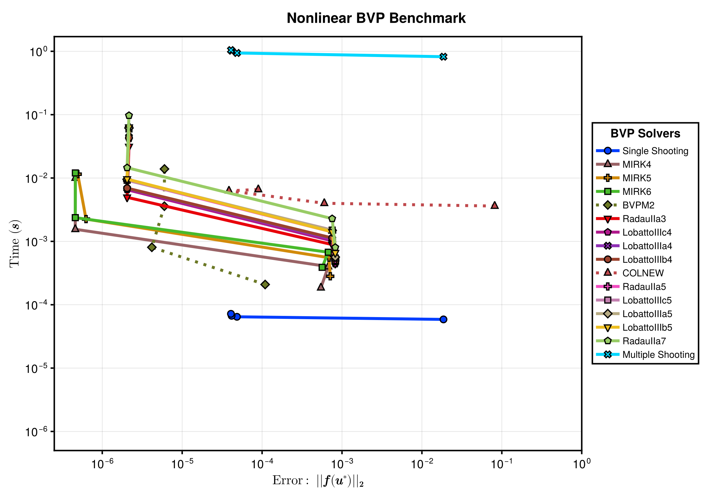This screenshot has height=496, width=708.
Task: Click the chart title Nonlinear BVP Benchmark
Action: (376, 18)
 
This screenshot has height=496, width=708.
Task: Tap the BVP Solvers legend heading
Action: (645, 133)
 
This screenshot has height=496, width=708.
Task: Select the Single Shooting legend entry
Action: (642, 151)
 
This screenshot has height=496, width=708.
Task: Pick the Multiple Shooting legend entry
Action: (645, 355)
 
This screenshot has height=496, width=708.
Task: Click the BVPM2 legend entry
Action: (625, 205)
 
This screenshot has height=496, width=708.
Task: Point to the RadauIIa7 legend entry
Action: (631, 341)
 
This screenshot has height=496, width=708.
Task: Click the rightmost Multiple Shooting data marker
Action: (443, 57)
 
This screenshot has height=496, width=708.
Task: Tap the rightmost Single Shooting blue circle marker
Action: (443, 319)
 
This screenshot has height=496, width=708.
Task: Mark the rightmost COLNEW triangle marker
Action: (495, 205)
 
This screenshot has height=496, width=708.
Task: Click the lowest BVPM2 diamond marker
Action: (265, 285)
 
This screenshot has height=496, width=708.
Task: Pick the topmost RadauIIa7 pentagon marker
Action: (129, 115)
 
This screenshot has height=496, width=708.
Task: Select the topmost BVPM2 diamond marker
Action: (164, 169)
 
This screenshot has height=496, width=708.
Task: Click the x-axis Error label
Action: (318, 481)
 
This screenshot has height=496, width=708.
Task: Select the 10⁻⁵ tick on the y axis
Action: (36, 368)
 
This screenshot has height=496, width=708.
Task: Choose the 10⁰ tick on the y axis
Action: (38, 52)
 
